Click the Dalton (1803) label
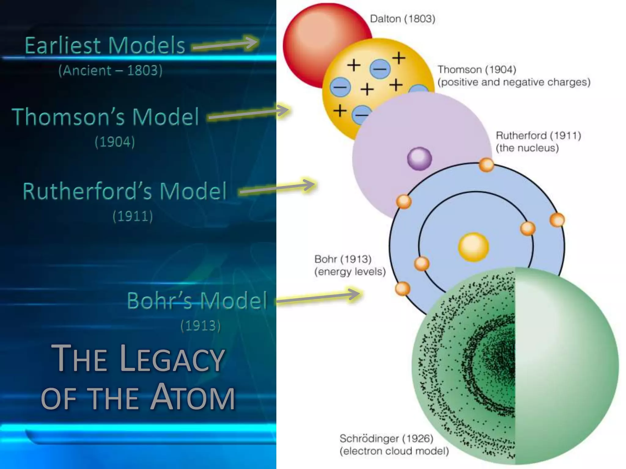(x=402, y=19)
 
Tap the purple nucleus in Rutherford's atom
(x=419, y=158)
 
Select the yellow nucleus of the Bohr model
(x=473, y=247)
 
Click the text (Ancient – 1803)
(x=110, y=71)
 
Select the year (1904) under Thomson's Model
(x=115, y=142)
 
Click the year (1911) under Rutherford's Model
(x=133, y=216)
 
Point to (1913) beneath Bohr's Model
(x=201, y=325)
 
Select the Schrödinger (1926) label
(x=386, y=439)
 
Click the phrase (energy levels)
(x=350, y=271)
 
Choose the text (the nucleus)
(x=527, y=148)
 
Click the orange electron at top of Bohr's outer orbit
(x=486, y=165)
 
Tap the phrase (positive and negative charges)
(x=514, y=82)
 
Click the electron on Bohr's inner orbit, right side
(x=528, y=228)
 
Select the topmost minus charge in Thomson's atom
(x=380, y=68)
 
